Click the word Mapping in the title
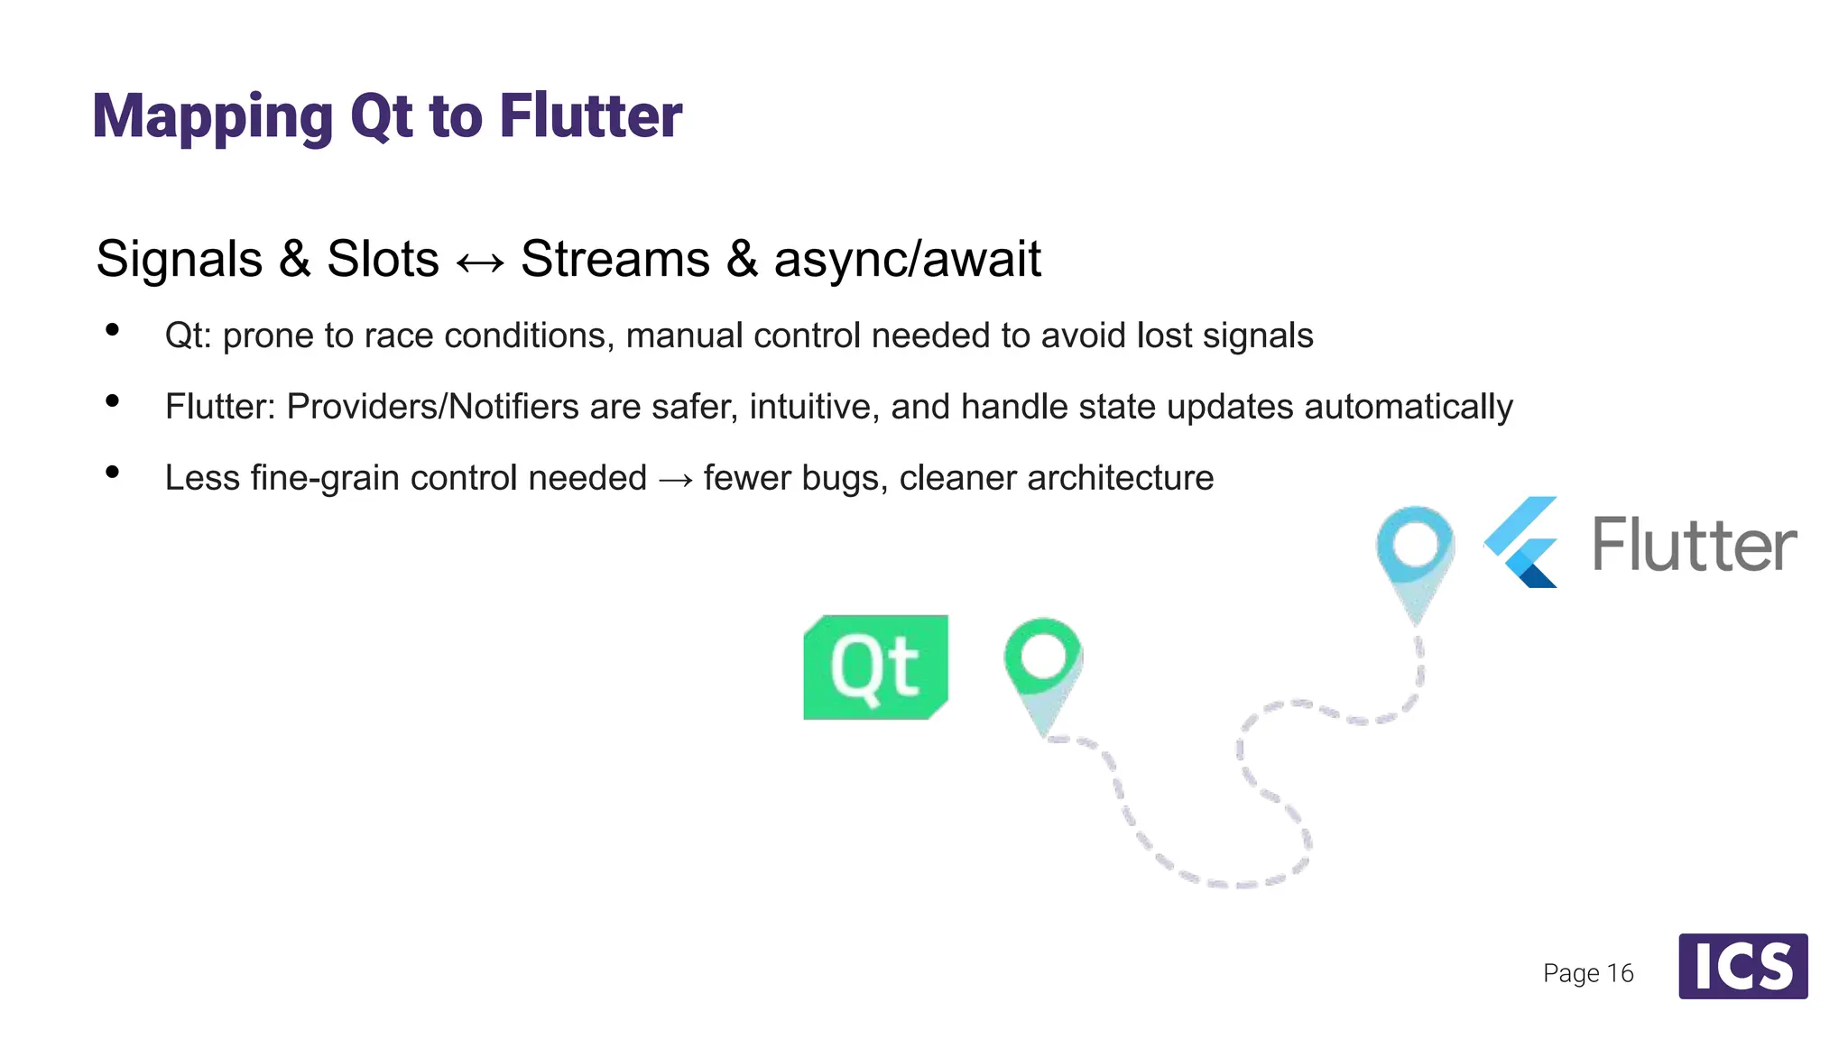coord(213,117)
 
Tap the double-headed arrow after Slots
coord(480,262)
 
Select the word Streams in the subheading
coord(615,260)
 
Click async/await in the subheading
coord(907,260)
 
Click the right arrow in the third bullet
coord(675,479)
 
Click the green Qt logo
coord(875,667)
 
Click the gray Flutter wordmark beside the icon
coord(1694,545)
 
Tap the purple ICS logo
coord(1742,966)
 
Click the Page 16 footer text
coord(1588,973)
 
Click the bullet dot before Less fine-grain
coord(113,472)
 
